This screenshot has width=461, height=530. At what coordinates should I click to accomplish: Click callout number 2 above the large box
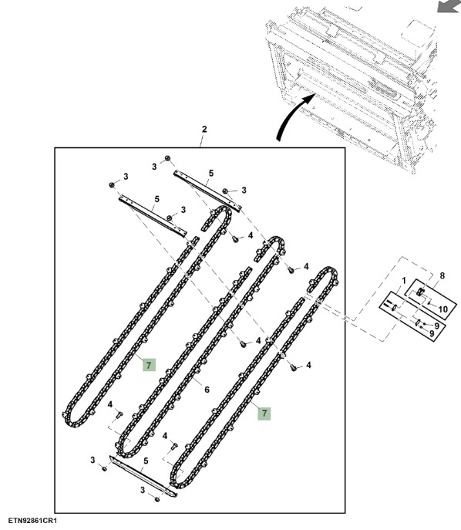[204, 130]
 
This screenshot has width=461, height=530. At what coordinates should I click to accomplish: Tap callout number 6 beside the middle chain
[207, 390]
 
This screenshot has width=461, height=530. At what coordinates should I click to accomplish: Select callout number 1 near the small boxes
[403, 281]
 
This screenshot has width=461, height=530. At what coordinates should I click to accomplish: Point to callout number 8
[442, 276]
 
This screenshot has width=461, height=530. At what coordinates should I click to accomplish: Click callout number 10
[442, 309]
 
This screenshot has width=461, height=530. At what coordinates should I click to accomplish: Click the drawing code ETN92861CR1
[32, 521]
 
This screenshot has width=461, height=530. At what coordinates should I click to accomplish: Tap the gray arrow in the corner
[448, 6]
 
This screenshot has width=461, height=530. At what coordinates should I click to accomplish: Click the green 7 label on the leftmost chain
[149, 365]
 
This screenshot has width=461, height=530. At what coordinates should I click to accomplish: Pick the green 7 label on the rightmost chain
[264, 413]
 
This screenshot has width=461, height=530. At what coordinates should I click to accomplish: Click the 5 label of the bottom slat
[146, 461]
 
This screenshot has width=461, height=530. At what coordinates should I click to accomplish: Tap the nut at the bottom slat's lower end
[156, 500]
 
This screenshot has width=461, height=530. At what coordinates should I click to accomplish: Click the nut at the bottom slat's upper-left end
[104, 469]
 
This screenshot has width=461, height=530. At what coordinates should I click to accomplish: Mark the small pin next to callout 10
[429, 303]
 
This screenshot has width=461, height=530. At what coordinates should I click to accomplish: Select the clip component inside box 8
[420, 292]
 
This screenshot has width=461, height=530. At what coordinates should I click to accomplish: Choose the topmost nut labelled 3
[167, 158]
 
